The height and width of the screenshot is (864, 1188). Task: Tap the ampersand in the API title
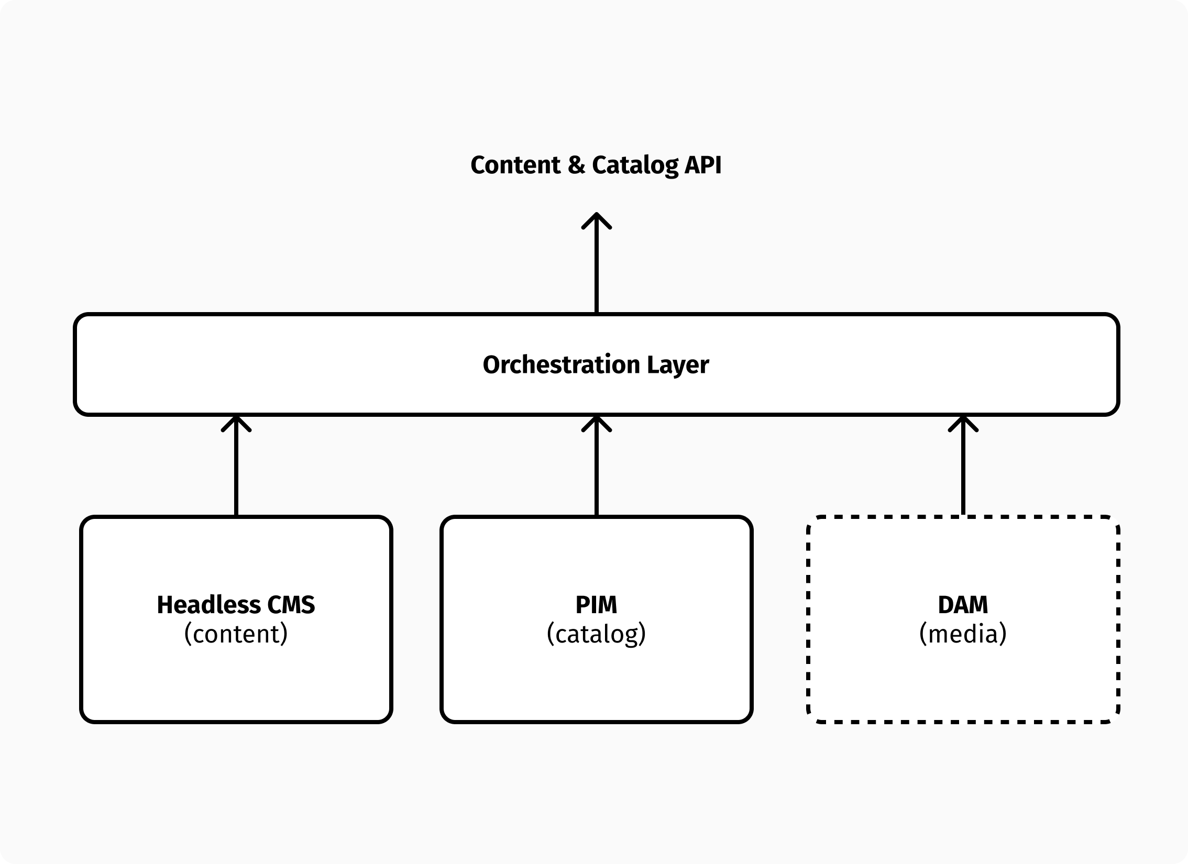tap(576, 165)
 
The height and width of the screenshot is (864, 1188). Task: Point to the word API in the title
tap(703, 165)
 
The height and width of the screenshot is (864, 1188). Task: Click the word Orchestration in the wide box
tap(561, 365)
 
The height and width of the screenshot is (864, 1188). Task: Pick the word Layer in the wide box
tap(678, 365)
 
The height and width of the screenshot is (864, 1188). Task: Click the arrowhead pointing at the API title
tap(597, 220)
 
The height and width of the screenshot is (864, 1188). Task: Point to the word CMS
tap(291, 605)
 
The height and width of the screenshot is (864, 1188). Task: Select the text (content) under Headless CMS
tap(236, 634)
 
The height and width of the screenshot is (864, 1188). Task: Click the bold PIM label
tap(596, 605)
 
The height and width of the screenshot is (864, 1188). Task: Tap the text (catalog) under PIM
tap(596, 634)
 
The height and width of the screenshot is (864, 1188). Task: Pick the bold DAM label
tap(963, 605)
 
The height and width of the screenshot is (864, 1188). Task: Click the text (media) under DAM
tap(963, 634)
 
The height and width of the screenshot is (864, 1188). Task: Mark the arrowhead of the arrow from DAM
tap(963, 423)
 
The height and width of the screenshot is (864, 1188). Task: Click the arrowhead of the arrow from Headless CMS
tap(236, 423)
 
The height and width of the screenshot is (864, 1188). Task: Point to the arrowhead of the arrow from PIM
tap(597, 423)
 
